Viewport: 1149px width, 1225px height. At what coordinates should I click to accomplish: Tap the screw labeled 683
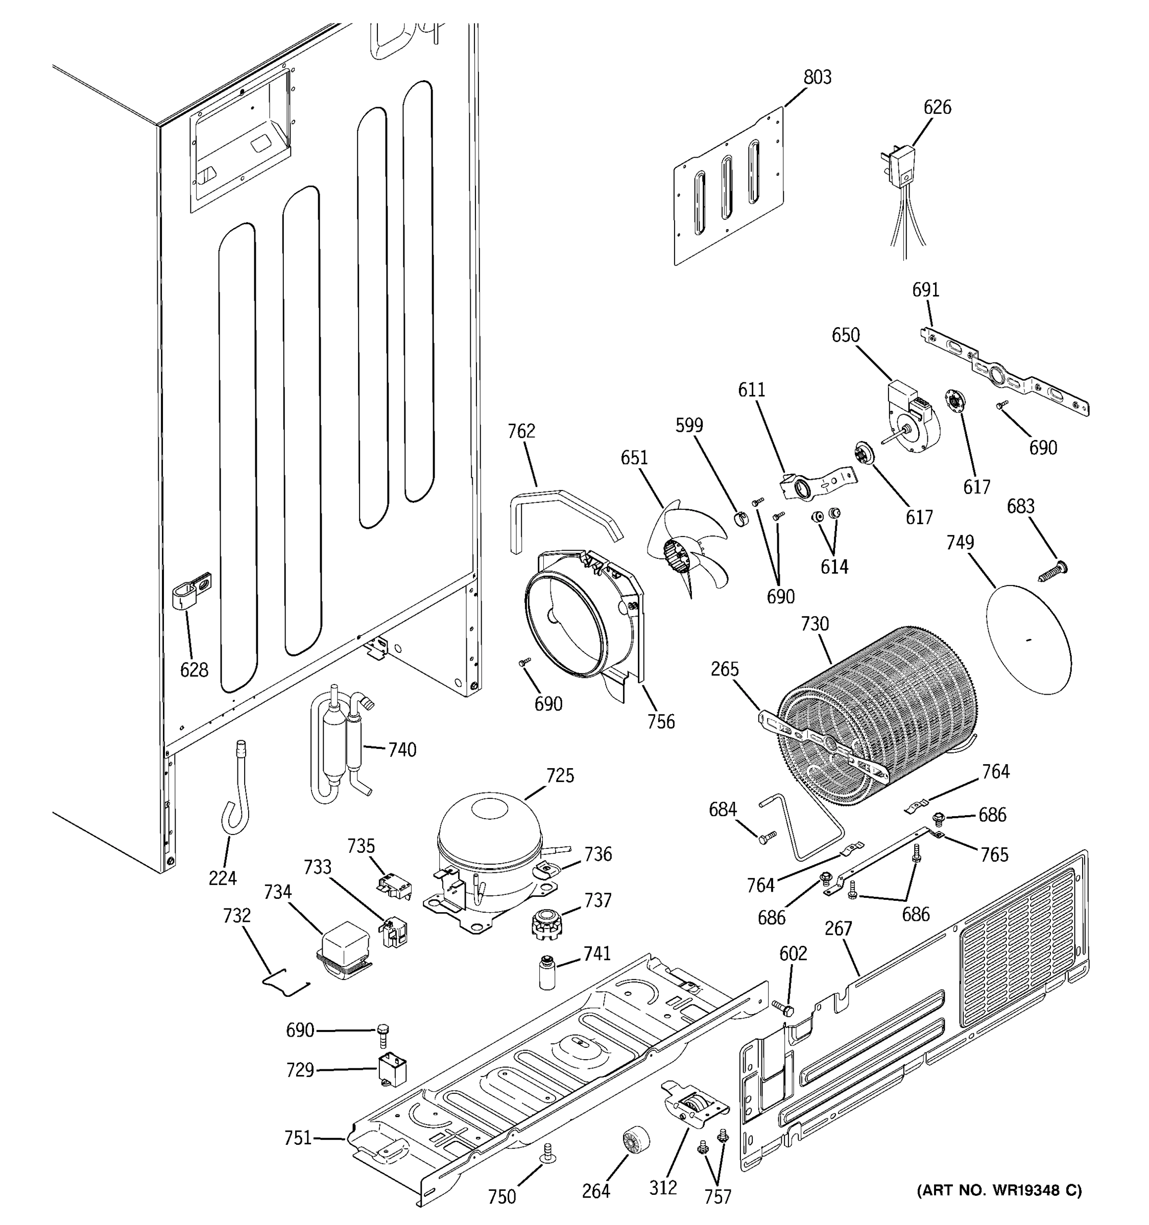click(x=1055, y=570)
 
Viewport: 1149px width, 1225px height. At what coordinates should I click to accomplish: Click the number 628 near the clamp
click(x=194, y=670)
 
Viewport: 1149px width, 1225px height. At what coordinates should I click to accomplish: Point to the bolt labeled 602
click(x=783, y=1008)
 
